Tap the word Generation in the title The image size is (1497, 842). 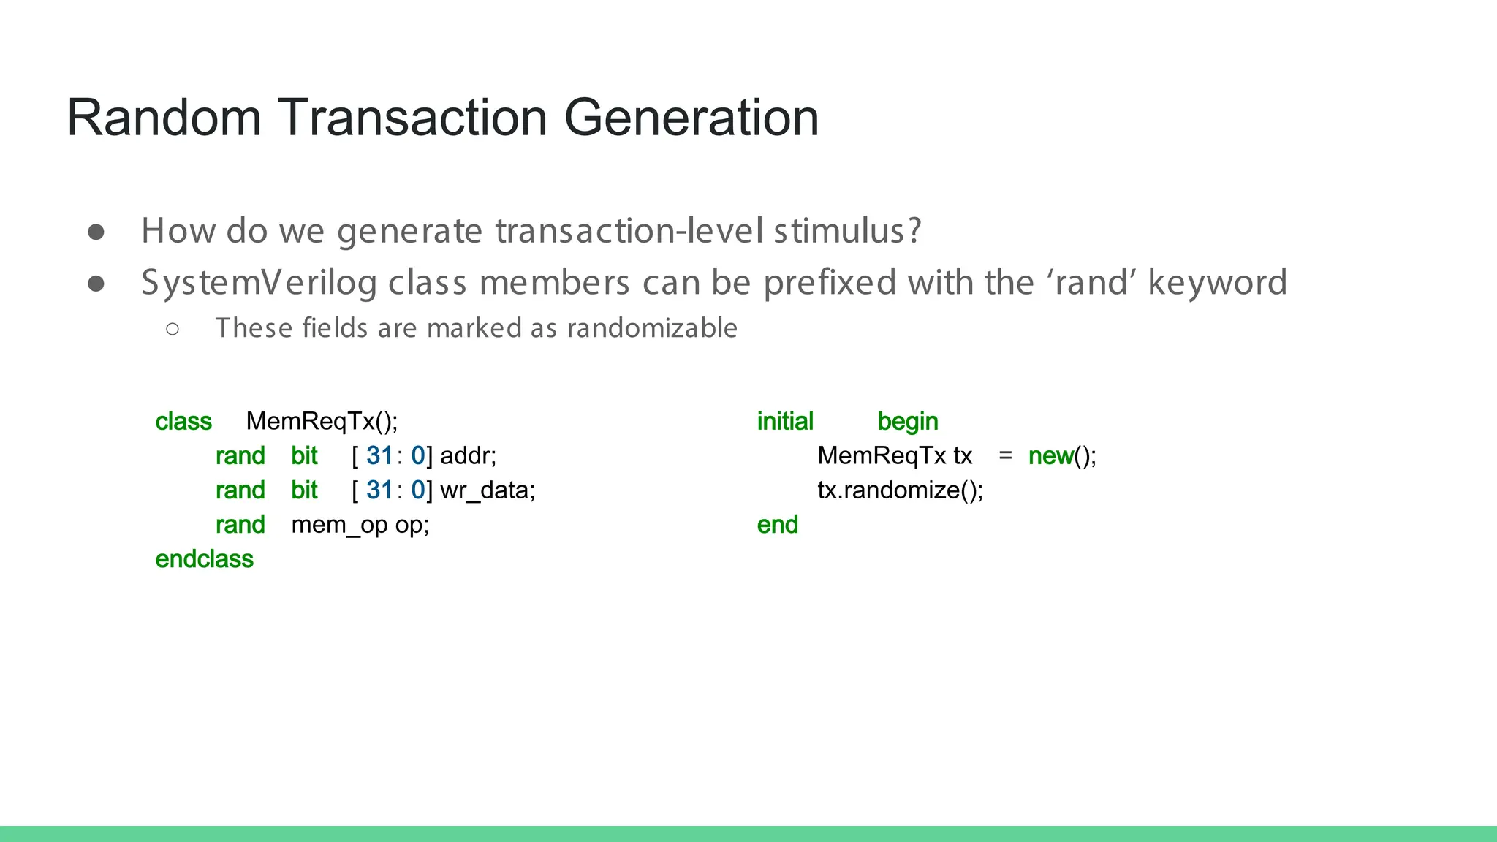pos(691,118)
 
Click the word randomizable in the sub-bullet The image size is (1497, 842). pos(652,328)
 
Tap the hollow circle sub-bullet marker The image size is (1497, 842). pos(173,329)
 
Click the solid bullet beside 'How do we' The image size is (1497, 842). pos(96,232)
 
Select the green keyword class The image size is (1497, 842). pos(183,422)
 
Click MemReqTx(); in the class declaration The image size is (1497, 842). pos(322,422)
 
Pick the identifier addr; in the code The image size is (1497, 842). pos(468,456)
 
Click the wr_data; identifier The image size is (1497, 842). pos(488,490)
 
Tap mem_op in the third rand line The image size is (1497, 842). pos(339,525)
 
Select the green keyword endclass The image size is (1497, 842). pos(204,559)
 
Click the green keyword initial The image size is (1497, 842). pos(785,422)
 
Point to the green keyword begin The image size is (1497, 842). pos(907,422)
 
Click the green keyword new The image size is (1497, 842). pos(1050,456)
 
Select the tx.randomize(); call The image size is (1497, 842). pos(900,490)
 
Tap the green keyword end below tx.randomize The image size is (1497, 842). pos(777,525)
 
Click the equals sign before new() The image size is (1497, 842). pos(1005,456)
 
